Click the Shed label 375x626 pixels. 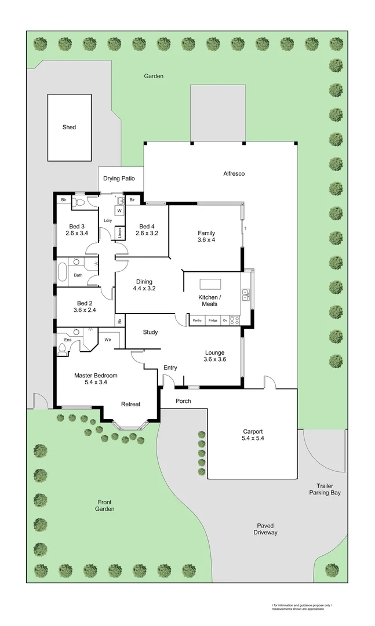click(x=69, y=127)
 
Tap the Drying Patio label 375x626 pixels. click(x=119, y=179)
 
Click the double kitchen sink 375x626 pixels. click(x=246, y=296)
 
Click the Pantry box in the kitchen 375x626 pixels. click(x=197, y=320)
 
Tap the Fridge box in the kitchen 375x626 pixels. click(x=213, y=320)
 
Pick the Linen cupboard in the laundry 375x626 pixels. click(x=120, y=233)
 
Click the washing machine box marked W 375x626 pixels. click(x=119, y=211)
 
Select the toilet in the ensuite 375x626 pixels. click(x=63, y=348)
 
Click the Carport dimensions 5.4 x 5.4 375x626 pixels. click(x=253, y=439)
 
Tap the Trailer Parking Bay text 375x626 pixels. click(x=324, y=489)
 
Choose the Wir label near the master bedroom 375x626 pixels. click(x=108, y=340)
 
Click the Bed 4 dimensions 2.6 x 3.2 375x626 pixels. click(x=147, y=234)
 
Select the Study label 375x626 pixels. click(x=150, y=332)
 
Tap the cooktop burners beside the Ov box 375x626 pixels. click(x=235, y=319)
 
